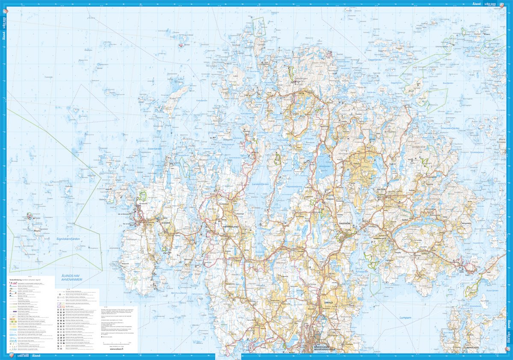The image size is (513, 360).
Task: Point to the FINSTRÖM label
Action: click(x=345, y=222)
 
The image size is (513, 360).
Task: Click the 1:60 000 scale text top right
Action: click(x=492, y=4)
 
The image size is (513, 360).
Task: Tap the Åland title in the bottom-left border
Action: click(x=37, y=356)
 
